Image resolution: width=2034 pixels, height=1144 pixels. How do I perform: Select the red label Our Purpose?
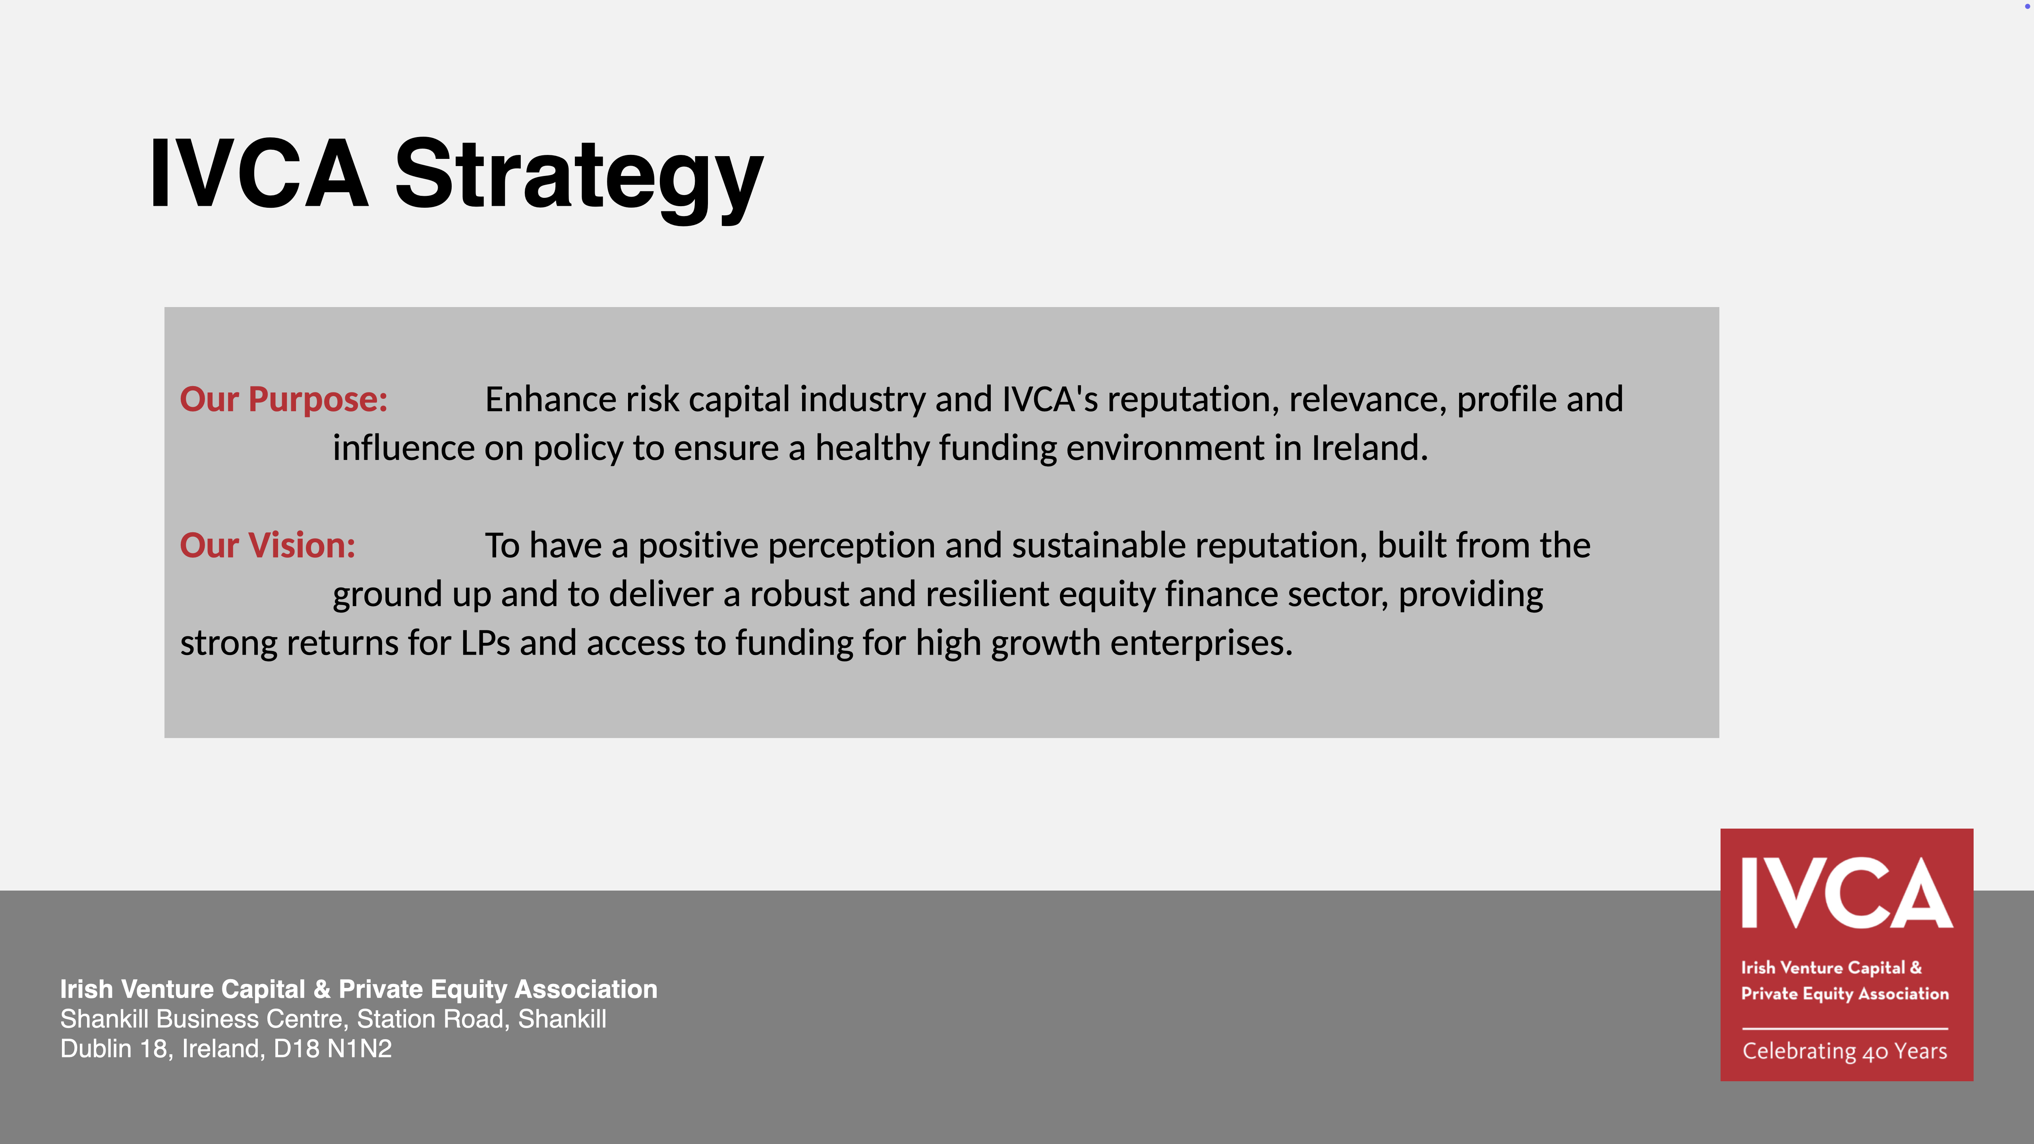tap(284, 400)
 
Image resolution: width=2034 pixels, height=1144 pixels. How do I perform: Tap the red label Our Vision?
tap(268, 545)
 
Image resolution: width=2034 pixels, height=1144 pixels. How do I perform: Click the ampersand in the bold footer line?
tap(321, 989)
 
